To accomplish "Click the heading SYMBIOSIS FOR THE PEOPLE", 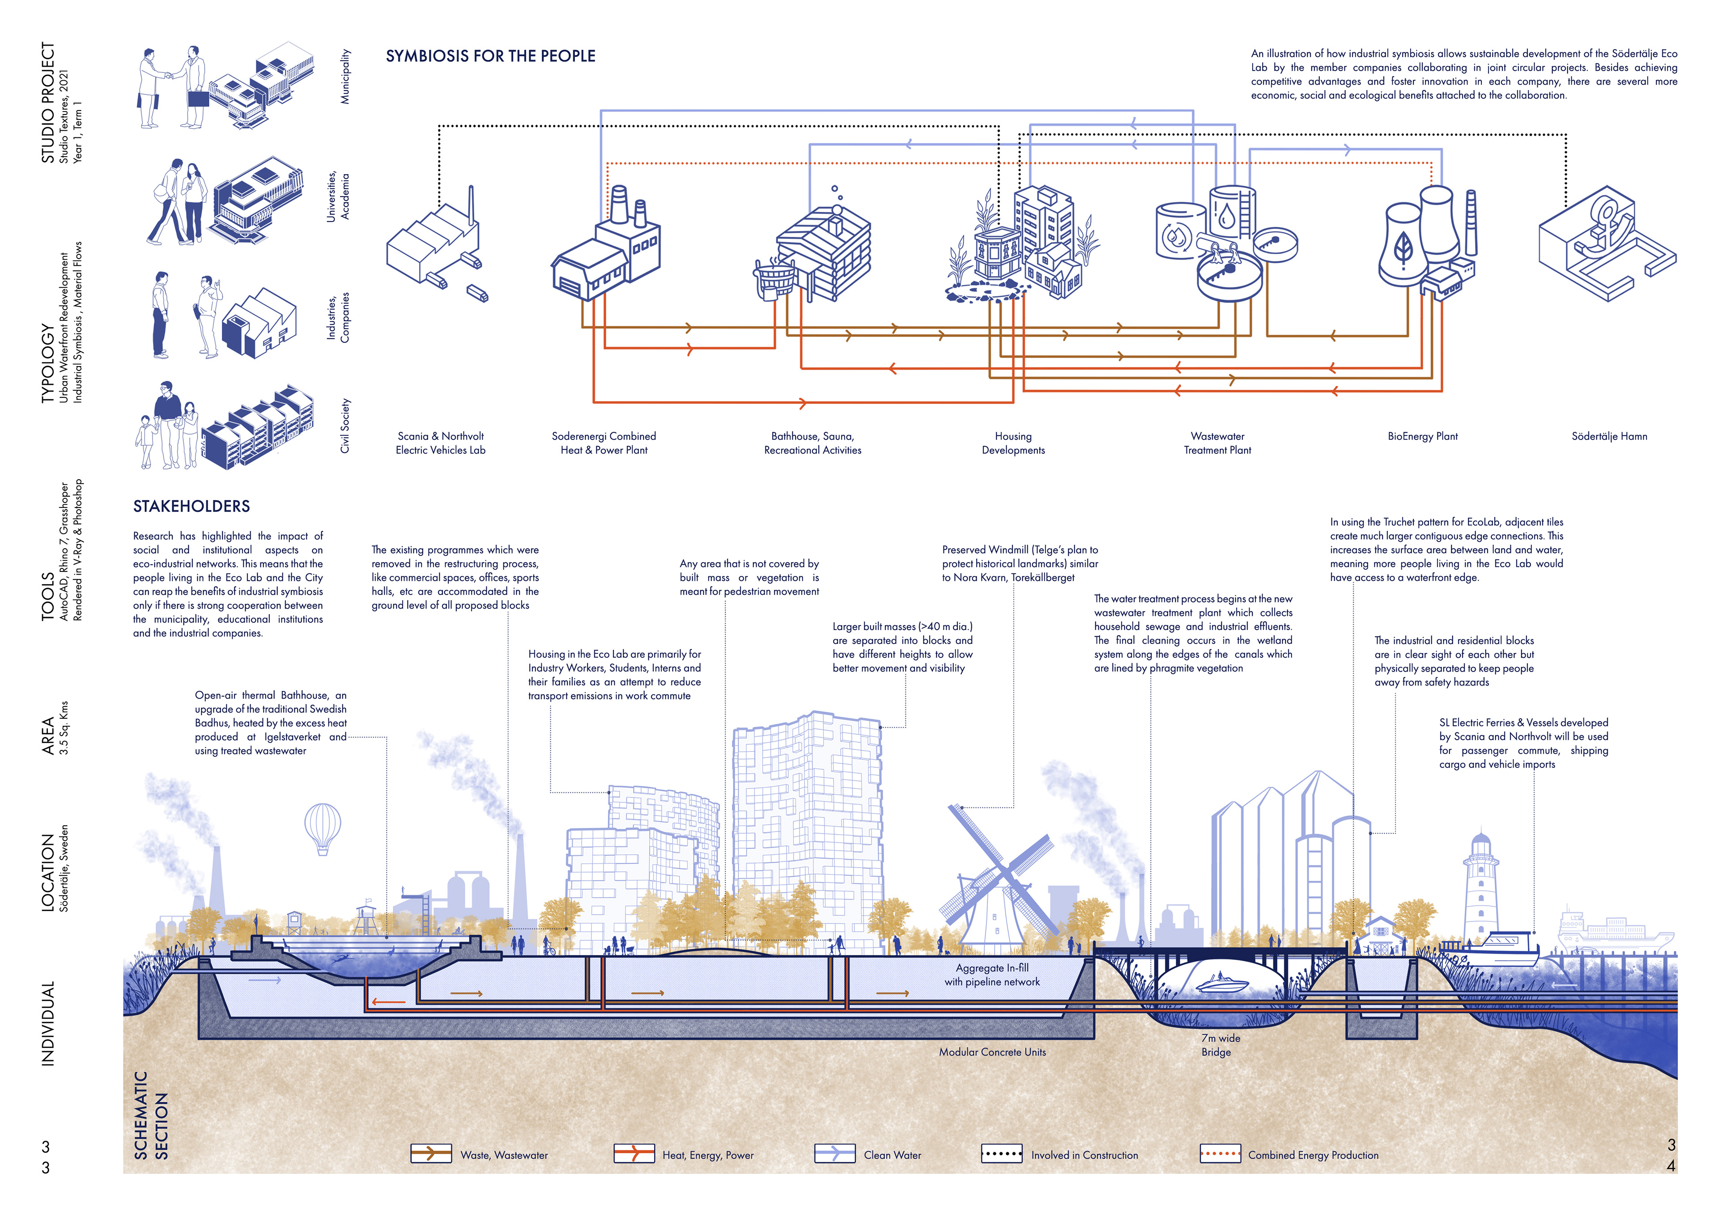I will coord(490,56).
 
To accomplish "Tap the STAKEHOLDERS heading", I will coord(191,506).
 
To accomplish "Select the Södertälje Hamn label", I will coord(1609,436).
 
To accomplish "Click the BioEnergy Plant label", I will coord(1422,436).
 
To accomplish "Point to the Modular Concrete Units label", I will coord(992,1052).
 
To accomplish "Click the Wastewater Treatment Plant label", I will coord(1217,443).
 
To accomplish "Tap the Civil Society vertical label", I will coord(345,425).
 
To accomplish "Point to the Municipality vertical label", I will coord(345,77).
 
